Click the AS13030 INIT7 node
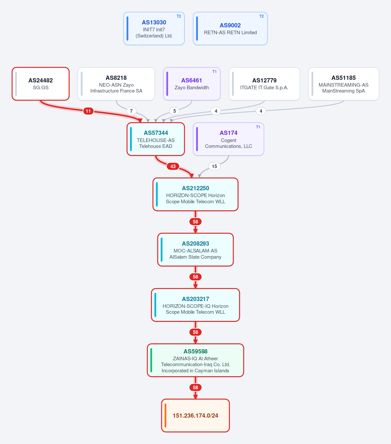coord(154,28)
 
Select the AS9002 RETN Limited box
coord(230,28)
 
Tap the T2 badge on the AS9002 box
coord(261,16)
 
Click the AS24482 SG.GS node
coord(40,84)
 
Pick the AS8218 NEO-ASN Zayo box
coord(116,84)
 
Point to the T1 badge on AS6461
coord(214,72)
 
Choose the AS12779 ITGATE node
coord(264,84)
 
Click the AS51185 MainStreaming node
coord(343,84)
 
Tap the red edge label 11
coord(88,111)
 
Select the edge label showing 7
coord(131,111)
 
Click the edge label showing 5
coord(174,111)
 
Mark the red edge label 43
coord(173,166)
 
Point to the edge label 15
coord(214,166)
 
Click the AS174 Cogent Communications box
coord(228,139)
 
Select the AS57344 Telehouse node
coord(156,139)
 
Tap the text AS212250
coord(195,188)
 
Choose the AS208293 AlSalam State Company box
coord(195,250)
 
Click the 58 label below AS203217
coord(195,332)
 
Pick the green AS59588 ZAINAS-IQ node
coord(195,360)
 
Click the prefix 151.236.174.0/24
coord(195,416)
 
